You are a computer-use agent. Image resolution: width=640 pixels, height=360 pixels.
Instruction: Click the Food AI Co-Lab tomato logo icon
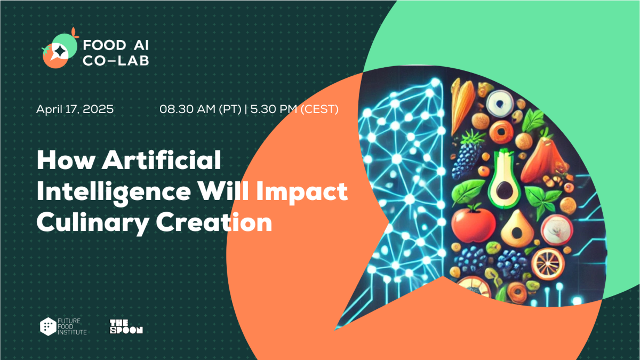click(60, 49)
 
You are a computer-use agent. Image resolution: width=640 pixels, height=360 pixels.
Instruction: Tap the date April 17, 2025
click(75, 109)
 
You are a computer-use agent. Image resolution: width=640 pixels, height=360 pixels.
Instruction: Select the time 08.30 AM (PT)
click(201, 109)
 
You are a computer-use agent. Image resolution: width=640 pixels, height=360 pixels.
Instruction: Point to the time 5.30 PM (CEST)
click(294, 109)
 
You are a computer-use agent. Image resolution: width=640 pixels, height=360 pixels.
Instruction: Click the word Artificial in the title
click(162, 160)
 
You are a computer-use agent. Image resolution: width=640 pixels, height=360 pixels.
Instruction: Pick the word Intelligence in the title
click(114, 192)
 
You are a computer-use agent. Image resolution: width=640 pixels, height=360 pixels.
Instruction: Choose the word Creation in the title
click(214, 222)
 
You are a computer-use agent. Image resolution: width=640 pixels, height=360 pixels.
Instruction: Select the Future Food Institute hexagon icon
click(48, 326)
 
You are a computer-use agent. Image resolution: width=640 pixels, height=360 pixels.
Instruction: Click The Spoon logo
click(126, 326)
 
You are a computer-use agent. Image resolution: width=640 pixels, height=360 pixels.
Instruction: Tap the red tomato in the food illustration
click(474, 223)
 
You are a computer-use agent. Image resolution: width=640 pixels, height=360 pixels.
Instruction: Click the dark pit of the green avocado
click(505, 190)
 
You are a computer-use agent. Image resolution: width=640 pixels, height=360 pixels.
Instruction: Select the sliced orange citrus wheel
click(548, 263)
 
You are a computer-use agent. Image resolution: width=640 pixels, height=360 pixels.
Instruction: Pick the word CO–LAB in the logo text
click(116, 61)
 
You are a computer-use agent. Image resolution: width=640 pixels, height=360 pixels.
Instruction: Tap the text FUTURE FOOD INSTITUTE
click(72, 326)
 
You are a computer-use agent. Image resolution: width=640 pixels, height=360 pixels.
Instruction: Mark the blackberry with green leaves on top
click(469, 156)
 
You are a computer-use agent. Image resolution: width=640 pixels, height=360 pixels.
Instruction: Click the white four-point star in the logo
click(60, 52)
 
